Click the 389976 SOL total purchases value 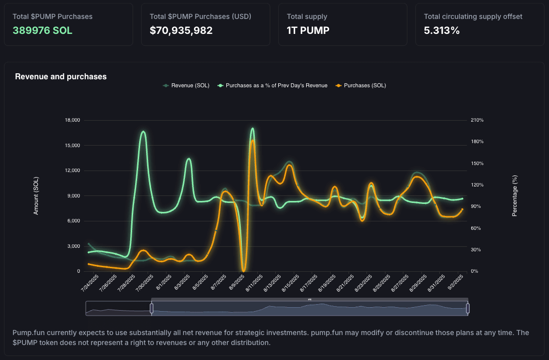pyautogui.click(x=42, y=30)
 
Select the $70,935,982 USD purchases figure pyautogui.click(x=181, y=30)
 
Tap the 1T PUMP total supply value pyautogui.click(x=308, y=30)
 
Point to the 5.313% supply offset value pyautogui.click(x=441, y=30)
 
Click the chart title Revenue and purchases pyautogui.click(x=60, y=77)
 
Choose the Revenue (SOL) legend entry pyautogui.click(x=186, y=85)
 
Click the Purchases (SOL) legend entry pyautogui.click(x=361, y=85)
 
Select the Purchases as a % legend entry pyautogui.click(x=272, y=85)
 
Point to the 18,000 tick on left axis pyautogui.click(x=72, y=120)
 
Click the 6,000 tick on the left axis pyautogui.click(x=73, y=221)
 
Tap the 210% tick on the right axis pyautogui.click(x=477, y=120)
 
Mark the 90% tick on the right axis pyautogui.click(x=476, y=206)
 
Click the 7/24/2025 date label pyautogui.click(x=90, y=283)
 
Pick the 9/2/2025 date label pyautogui.click(x=456, y=282)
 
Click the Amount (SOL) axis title pyautogui.click(x=36, y=196)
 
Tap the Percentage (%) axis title pyautogui.click(x=514, y=196)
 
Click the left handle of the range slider pyautogui.click(x=152, y=309)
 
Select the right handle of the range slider pyautogui.click(x=468, y=309)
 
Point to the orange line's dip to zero pyautogui.click(x=244, y=270)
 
